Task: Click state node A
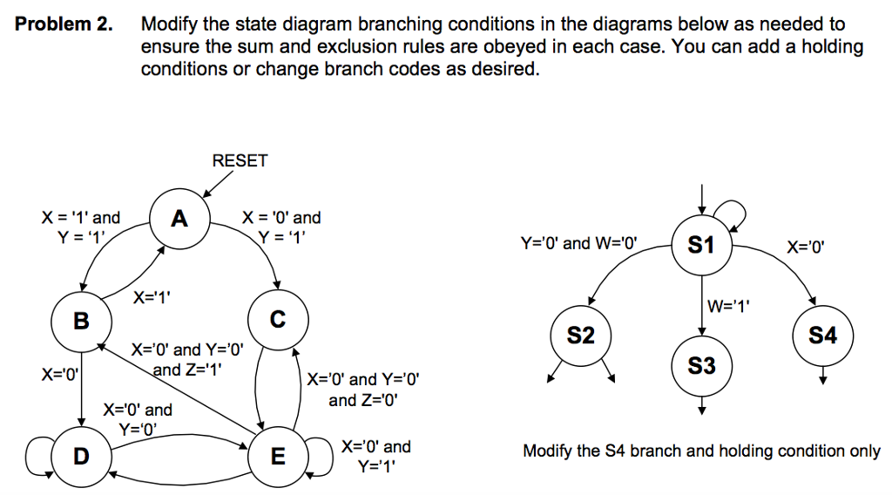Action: tap(179, 219)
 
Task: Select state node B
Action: tap(81, 322)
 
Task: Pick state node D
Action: tap(81, 456)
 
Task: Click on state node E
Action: tap(277, 456)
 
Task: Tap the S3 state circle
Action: tap(701, 365)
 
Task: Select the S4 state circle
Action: tap(822, 335)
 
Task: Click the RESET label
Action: tap(240, 160)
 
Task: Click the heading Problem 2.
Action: tap(64, 24)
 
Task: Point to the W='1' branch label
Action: tap(730, 306)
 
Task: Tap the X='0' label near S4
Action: tap(805, 247)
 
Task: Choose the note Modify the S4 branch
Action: tap(701, 451)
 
